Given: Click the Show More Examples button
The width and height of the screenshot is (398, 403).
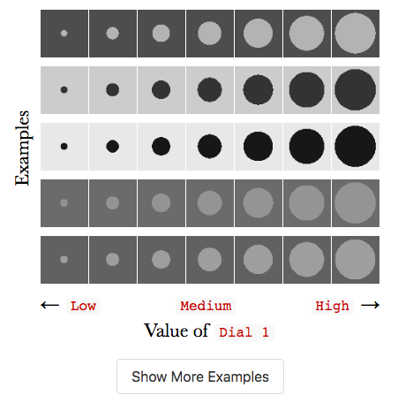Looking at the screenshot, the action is click(x=200, y=376).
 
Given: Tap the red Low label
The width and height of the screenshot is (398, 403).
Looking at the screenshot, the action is click(x=83, y=306).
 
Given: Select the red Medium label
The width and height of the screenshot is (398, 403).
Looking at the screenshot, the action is click(x=206, y=306).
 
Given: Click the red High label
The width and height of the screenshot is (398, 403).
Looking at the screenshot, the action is click(x=332, y=306).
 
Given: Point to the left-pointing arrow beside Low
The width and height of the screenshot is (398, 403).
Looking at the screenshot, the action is click(x=49, y=305).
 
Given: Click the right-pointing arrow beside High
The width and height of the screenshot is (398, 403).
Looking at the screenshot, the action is click(x=370, y=305).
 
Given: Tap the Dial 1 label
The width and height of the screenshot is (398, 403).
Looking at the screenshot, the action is click(x=244, y=332).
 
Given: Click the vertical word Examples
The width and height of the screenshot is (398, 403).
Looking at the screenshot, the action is click(x=22, y=148).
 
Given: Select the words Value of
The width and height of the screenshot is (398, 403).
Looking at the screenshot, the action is click(x=176, y=331).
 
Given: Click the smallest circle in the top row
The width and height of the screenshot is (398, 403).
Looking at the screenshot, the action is click(x=64, y=34).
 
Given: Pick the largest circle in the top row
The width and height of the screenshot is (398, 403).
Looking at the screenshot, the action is click(x=356, y=34).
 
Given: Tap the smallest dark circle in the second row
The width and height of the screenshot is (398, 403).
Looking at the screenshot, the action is click(x=64, y=90).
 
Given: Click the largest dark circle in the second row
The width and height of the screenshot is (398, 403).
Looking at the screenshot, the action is click(x=356, y=90).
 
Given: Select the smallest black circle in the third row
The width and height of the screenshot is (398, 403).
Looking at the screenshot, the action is click(x=64, y=147).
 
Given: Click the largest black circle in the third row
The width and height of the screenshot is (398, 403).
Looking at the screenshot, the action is click(x=356, y=147).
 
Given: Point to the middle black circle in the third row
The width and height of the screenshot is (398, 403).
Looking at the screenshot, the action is click(x=210, y=147).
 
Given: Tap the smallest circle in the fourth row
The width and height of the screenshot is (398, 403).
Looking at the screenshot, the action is click(x=64, y=203).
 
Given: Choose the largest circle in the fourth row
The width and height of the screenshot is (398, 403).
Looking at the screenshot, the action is click(x=356, y=203).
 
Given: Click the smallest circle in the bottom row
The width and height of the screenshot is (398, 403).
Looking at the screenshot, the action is click(x=64, y=260).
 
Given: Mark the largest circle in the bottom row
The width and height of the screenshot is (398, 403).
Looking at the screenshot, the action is click(x=356, y=260).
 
